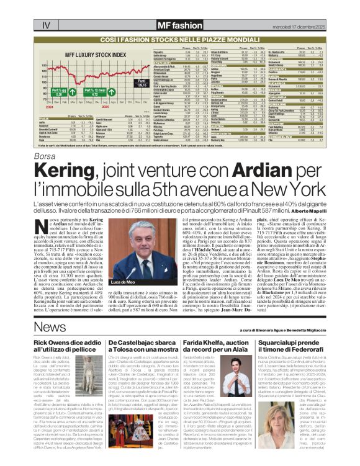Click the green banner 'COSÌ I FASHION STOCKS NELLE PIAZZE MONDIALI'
[179, 39]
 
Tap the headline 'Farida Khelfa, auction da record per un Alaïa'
[215, 346]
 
